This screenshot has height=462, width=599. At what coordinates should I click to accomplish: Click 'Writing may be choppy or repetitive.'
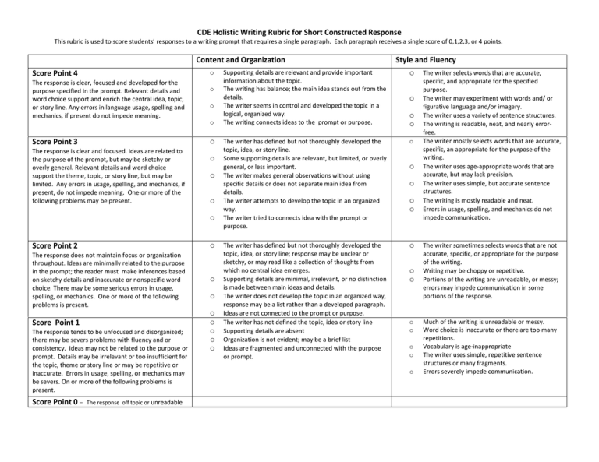(466, 268)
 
